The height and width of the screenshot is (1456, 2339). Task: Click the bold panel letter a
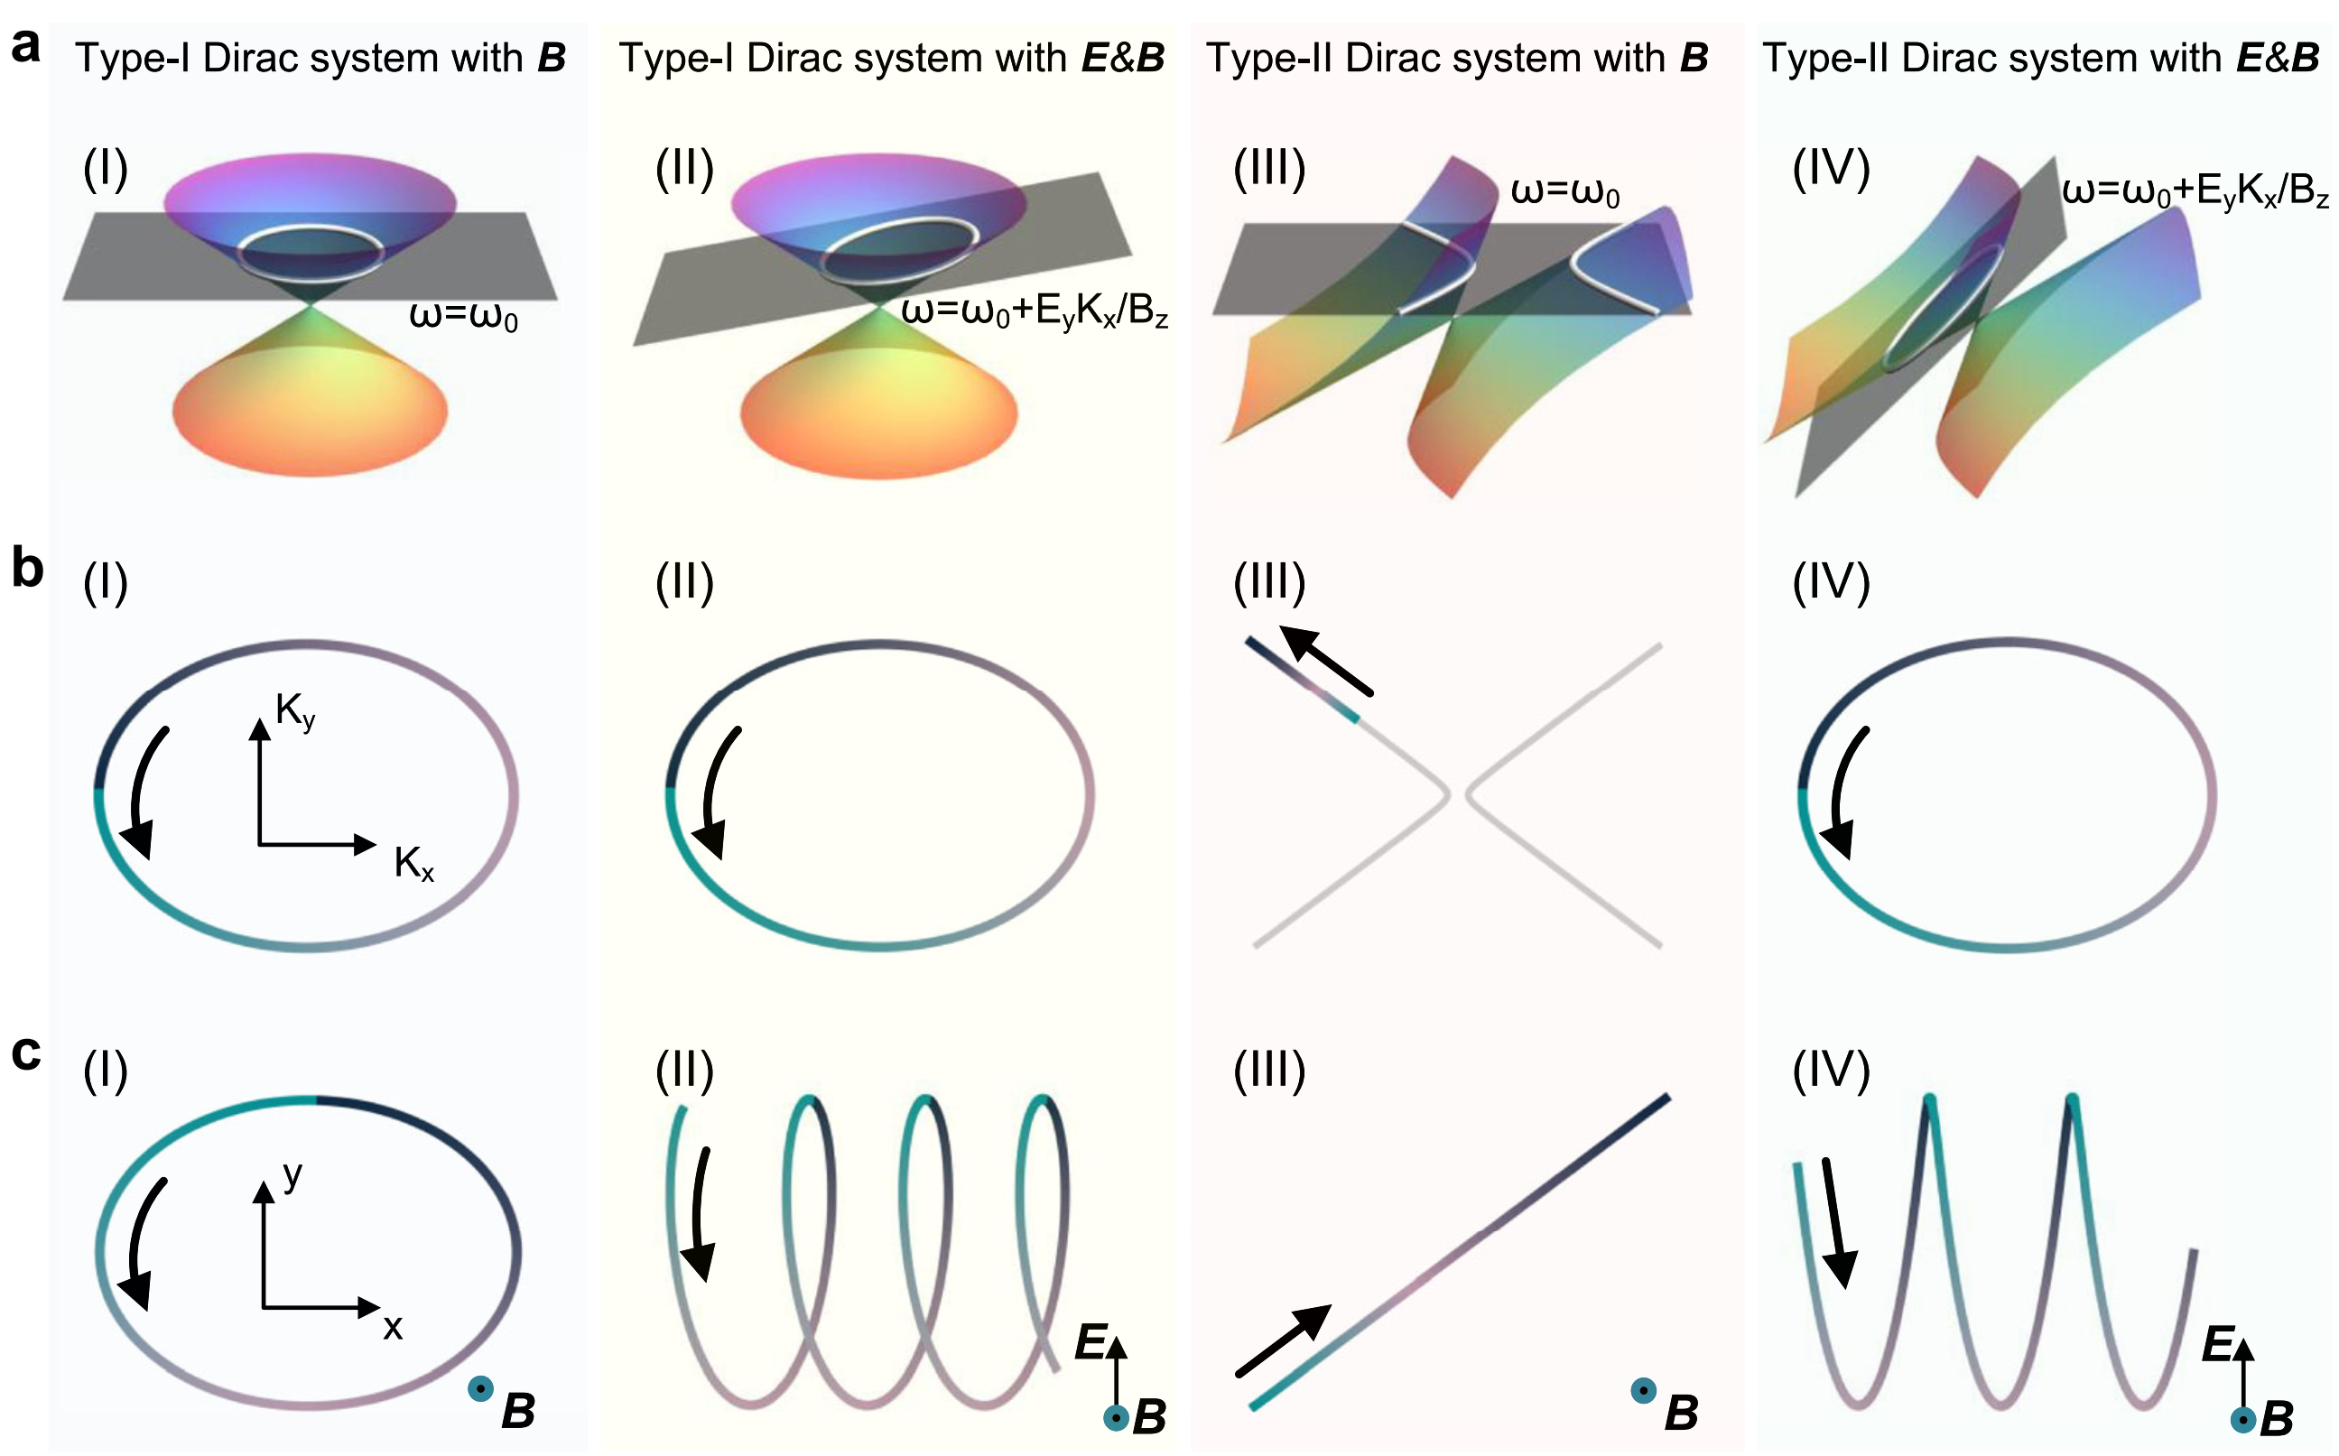pos(26,46)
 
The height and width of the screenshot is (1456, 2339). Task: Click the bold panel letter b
pos(28,568)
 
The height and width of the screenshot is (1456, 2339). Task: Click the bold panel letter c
pos(27,1053)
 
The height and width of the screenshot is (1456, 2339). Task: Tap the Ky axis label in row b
pos(295,712)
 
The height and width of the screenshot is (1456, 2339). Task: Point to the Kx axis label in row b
pos(414,864)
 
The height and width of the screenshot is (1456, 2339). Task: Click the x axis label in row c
pos(393,1328)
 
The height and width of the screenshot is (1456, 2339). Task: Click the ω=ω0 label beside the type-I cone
pos(464,316)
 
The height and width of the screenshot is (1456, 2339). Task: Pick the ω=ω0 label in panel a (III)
pos(1565,191)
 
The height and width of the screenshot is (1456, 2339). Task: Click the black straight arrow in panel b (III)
pos(1326,660)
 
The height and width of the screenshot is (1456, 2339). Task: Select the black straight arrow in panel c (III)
pos(1284,1340)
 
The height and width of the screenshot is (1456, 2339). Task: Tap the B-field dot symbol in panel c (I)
pos(480,1388)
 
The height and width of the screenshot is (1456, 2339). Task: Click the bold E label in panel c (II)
pos(1091,1341)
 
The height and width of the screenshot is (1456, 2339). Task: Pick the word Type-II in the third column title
pos(1270,58)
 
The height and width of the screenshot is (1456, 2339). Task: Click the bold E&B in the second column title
pos(1123,58)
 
